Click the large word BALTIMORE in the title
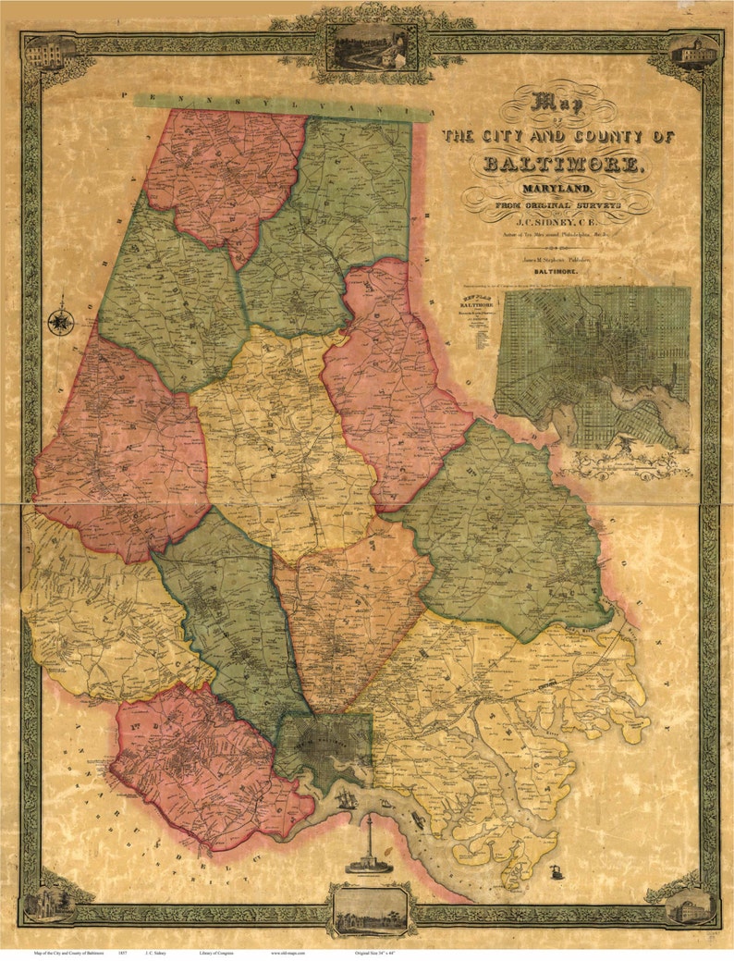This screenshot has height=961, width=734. (562, 165)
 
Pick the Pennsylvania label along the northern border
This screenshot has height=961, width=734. (282, 104)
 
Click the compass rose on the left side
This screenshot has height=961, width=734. (61, 321)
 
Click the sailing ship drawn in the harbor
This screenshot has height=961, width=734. (348, 797)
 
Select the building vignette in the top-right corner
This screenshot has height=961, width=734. (695, 52)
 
